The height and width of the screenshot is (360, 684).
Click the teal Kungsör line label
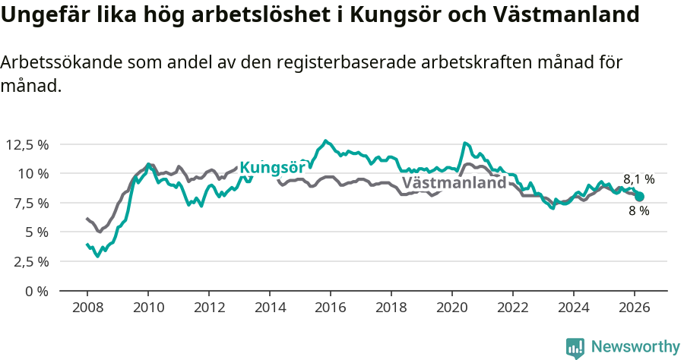(x=273, y=169)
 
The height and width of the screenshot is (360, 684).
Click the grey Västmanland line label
(x=454, y=183)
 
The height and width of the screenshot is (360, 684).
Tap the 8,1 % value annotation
(x=639, y=179)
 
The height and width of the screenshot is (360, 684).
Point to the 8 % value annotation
(x=638, y=211)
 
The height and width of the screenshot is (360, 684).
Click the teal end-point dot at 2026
(x=639, y=197)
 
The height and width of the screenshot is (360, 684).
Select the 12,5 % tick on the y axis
(x=27, y=144)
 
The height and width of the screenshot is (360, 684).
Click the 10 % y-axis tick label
(x=33, y=173)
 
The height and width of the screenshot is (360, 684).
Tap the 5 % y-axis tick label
(x=36, y=232)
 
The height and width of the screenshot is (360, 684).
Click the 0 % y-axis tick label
(x=36, y=291)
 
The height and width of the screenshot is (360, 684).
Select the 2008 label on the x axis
(x=87, y=308)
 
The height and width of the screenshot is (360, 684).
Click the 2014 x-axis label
(x=270, y=308)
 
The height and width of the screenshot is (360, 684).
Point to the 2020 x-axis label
(x=452, y=308)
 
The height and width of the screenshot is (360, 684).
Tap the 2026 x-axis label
(x=635, y=308)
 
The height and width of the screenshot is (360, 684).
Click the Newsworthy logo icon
(x=575, y=347)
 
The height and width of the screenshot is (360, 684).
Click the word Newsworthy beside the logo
(x=635, y=347)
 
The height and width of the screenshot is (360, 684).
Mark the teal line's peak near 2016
(x=325, y=141)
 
